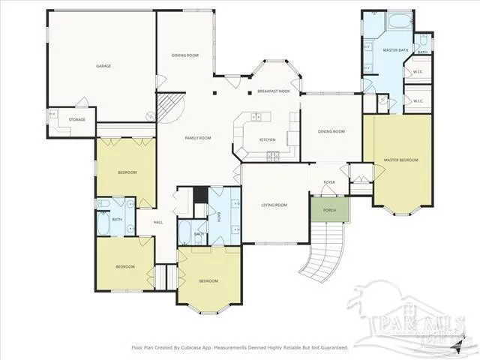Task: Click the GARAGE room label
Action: pos(103,66)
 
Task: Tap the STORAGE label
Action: pos(77,119)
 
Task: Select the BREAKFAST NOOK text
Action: pos(273,91)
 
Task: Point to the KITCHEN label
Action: pos(267,140)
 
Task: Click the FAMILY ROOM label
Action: pos(198,138)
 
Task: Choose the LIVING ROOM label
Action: pos(274,205)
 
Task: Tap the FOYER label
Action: pos(328,182)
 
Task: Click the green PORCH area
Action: pos(329,209)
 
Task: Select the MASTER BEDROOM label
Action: pos(400,160)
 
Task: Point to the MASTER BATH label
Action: pos(394,50)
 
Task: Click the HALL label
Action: pos(158,222)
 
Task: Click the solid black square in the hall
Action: pos(200,195)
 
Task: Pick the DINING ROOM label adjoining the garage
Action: pos(184,55)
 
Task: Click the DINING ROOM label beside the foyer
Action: pos(331,131)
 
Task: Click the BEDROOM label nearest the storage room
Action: pos(127,172)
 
